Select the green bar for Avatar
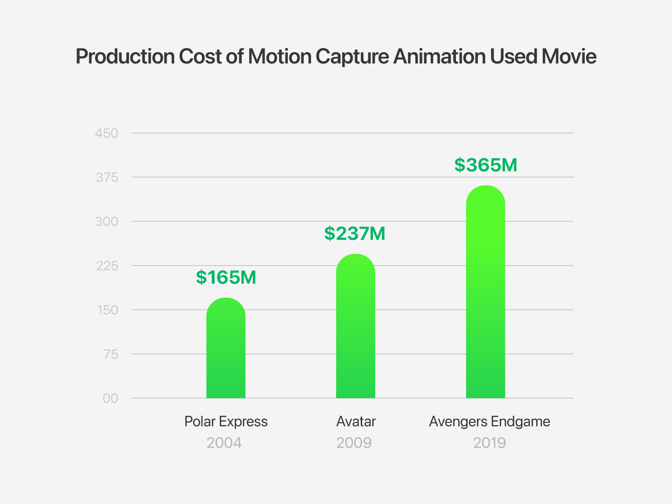pos(356,326)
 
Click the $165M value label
pos(226,277)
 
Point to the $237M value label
pos(355,233)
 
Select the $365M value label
pos(485,165)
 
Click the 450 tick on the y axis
pos(106,133)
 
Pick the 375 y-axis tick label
pos(107,178)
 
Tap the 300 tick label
pos(106,222)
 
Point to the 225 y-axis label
pos(107,266)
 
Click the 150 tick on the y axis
pos(107,310)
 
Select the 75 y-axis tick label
pos(111,354)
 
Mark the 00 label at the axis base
pos(111,399)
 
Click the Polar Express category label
pos(226,422)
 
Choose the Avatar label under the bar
pos(356,422)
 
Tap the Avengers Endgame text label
pos(490,422)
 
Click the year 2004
pos(224,443)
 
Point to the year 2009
pos(354,443)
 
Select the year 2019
pos(489,443)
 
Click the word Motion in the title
pos(280,56)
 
